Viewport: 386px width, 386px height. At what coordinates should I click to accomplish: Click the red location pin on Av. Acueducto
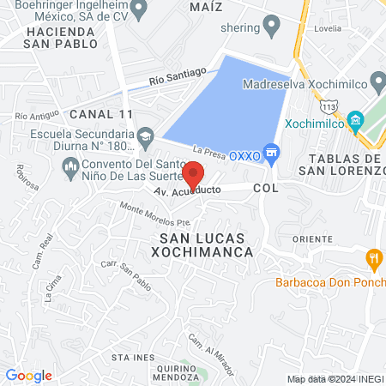coord(194,174)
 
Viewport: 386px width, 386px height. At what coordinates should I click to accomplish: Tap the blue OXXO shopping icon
coord(273,154)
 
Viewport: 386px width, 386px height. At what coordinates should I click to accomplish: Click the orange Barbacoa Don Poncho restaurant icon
coord(373,257)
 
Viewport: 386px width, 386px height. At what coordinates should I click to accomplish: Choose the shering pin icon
coord(273,27)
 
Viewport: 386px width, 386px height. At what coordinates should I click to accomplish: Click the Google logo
coord(28,375)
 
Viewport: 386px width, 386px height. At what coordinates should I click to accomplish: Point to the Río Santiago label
coord(178,77)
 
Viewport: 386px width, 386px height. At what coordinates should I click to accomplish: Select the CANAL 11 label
coord(101,113)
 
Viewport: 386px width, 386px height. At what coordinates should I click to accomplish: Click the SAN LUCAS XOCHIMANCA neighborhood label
coord(202,244)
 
